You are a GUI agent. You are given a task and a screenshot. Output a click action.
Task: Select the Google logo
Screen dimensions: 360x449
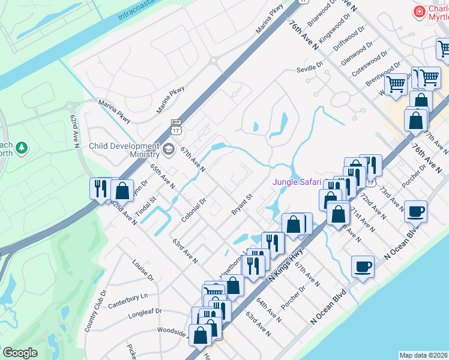(20, 353)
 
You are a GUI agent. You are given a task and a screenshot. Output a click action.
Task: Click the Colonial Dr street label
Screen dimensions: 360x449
(194, 209)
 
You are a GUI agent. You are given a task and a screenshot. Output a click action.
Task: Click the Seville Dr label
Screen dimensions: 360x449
(310, 70)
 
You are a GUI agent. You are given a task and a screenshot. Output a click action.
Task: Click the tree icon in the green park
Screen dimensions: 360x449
(22, 147)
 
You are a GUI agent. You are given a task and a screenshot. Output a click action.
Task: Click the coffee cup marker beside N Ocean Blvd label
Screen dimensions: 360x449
(415, 211)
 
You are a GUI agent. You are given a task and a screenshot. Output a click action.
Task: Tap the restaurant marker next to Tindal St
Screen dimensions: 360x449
(100, 188)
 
